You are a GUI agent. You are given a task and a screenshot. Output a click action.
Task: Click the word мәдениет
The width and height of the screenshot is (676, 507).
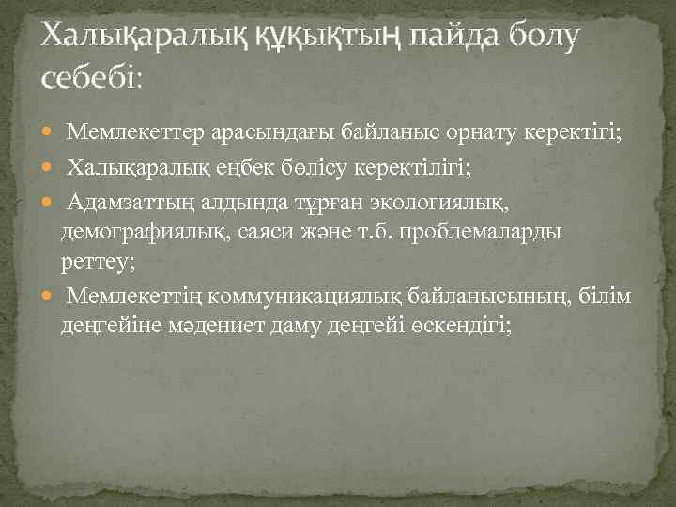(195, 325)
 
